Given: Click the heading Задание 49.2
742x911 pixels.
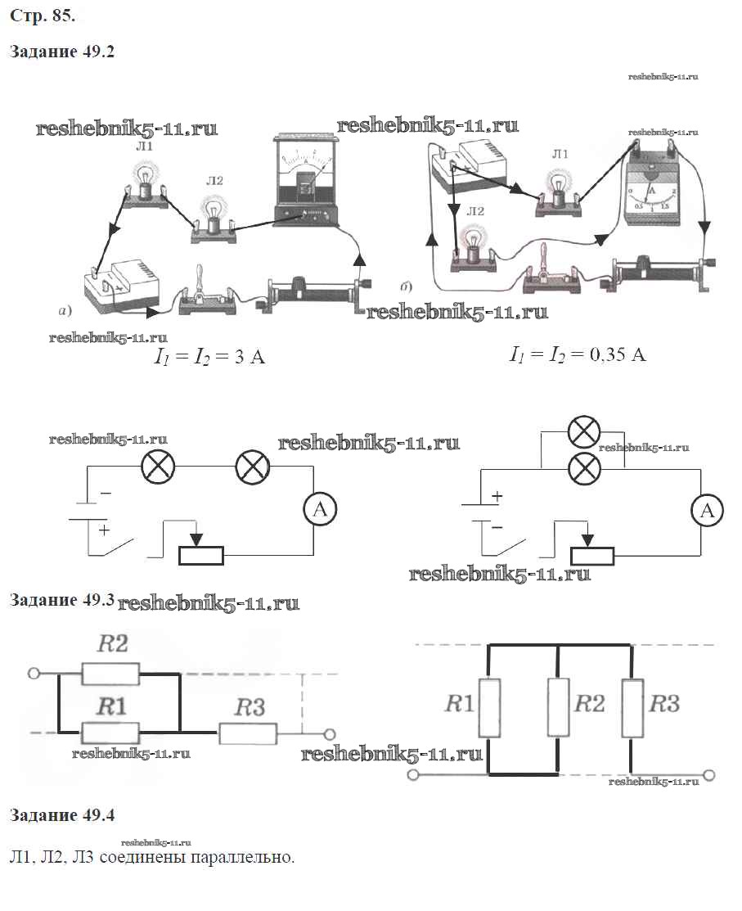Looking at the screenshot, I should point(61,52).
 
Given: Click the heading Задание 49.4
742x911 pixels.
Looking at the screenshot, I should point(61,815).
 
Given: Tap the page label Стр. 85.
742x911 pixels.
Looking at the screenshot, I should point(37,14).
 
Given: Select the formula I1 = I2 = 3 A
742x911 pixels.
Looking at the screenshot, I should point(210,357).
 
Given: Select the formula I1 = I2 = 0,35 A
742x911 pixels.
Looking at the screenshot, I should point(578,354).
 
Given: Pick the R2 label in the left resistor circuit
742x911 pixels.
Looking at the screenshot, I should point(113,643).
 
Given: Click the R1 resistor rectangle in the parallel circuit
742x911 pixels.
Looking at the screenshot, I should point(489,708).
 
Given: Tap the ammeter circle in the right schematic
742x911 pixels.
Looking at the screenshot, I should point(708,512).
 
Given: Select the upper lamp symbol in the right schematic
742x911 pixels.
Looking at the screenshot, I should point(584,432).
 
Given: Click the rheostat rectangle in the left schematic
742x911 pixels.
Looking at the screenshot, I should point(201,555).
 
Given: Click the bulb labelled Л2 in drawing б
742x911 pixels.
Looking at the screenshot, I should point(472,244).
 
